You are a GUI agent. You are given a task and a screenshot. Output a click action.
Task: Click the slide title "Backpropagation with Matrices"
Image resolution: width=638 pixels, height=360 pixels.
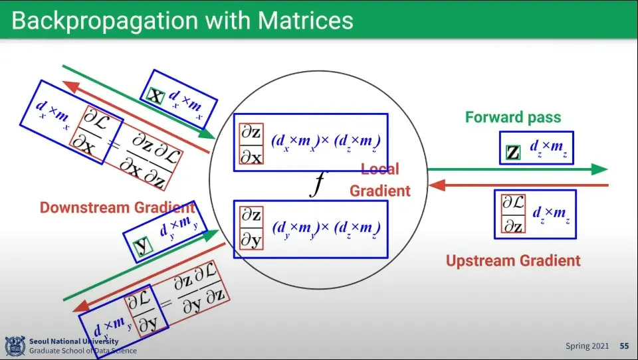pyautogui.click(x=182, y=20)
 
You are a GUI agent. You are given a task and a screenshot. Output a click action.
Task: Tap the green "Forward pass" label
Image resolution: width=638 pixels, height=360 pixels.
pyautogui.click(x=513, y=117)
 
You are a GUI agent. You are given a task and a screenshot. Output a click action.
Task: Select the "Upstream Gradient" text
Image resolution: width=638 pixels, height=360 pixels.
pyautogui.click(x=513, y=260)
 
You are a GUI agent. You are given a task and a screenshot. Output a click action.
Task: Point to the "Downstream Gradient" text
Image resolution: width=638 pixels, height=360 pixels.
pyautogui.click(x=117, y=207)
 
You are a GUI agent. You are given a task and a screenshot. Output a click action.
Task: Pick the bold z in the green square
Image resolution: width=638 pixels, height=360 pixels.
pyautogui.click(x=513, y=153)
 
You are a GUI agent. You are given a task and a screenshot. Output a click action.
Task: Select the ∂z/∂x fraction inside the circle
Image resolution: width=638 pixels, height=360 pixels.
pyautogui.click(x=251, y=144)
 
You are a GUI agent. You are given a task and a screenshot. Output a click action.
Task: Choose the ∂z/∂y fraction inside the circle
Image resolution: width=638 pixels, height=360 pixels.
pyautogui.click(x=251, y=228)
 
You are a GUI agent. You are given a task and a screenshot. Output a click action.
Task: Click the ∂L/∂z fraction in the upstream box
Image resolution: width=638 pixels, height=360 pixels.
pyautogui.click(x=513, y=214)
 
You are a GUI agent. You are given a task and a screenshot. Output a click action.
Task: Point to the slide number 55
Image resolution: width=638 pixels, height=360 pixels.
pyautogui.click(x=624, y=346)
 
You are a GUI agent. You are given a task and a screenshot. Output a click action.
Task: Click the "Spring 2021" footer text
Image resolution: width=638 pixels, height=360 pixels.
pyautogui.click(x=587, y=346)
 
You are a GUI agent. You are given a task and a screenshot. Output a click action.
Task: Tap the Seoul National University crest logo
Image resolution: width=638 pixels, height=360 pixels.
pyautogui.click(x=15, y=346)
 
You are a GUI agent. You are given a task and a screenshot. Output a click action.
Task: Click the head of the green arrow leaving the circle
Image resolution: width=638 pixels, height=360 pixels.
pyautogui.click(x=599, y=169)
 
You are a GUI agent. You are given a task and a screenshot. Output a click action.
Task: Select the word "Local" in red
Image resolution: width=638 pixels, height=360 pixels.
pyautogui.click(x=380, y=169)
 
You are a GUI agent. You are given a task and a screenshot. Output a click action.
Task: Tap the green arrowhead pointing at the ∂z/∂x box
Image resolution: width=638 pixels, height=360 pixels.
pyautogui.click(x=207, y=134)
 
